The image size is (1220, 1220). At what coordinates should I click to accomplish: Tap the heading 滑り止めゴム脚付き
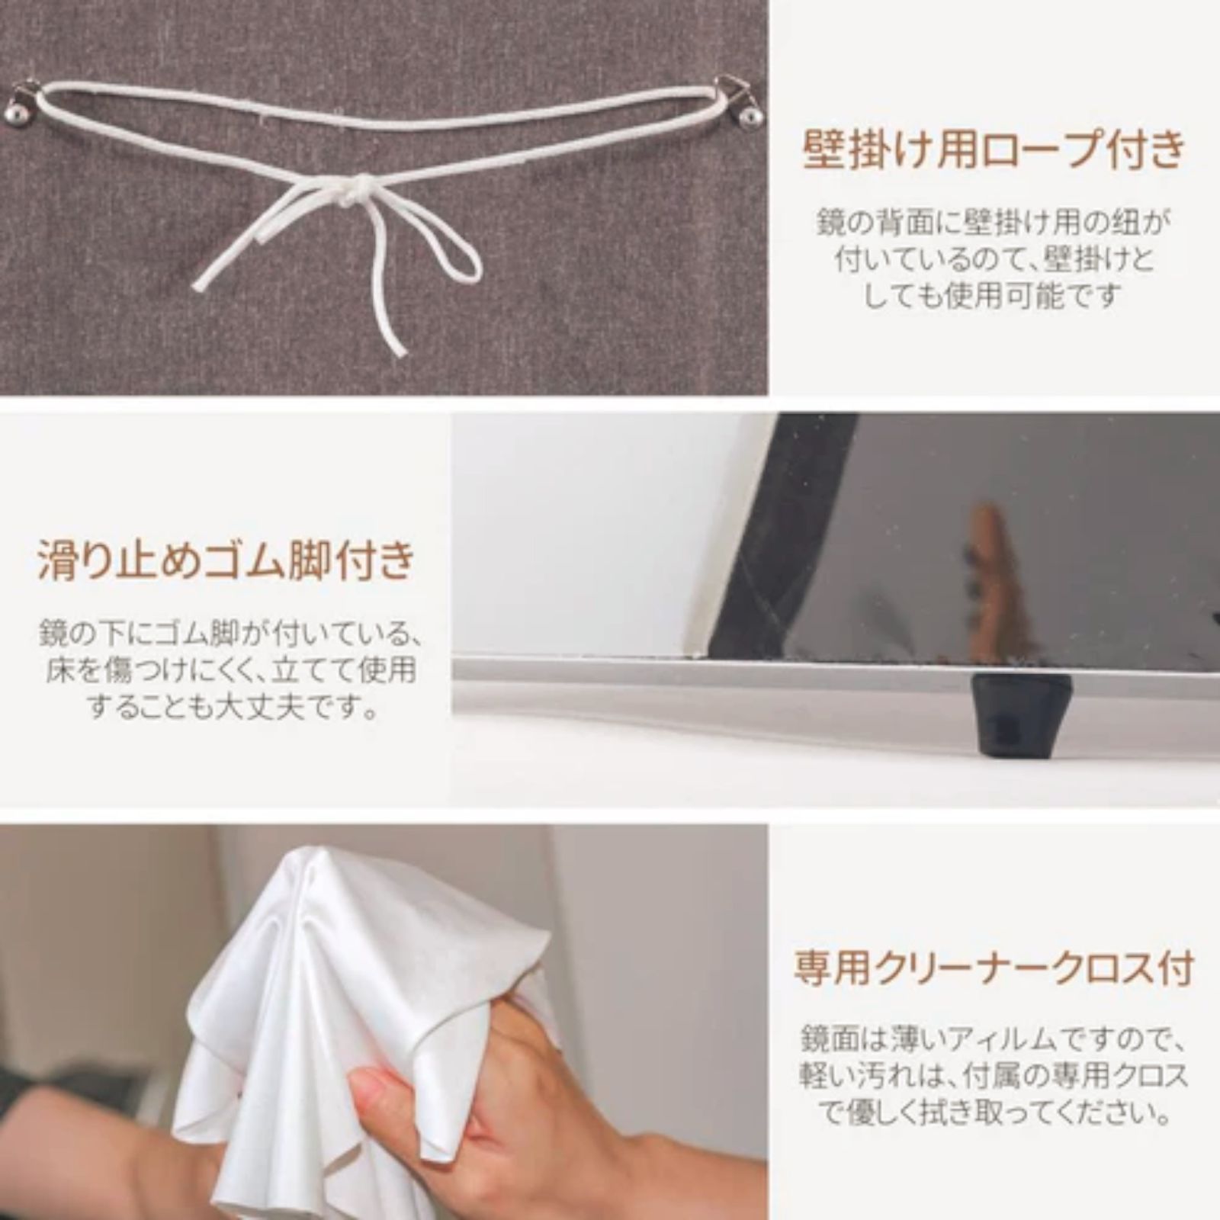click(226, 560)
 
